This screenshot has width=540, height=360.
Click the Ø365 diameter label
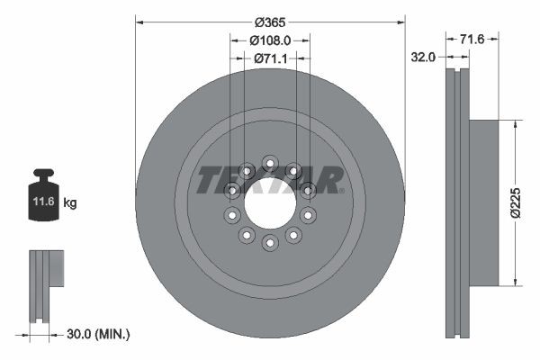pos(270,22)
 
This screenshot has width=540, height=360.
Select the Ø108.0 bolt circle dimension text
pos(270,40)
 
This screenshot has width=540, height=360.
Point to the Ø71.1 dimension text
pos(270,58)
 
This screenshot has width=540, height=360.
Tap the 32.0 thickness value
pos(423,57)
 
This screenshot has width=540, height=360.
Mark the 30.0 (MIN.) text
pos(99,334)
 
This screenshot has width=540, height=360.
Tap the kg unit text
pos(70,203)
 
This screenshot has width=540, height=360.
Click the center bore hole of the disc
pos(270,202)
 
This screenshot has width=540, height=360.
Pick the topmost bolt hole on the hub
pos(270,162)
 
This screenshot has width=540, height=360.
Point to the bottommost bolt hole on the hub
pos(270,243)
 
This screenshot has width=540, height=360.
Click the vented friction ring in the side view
pos(458,202)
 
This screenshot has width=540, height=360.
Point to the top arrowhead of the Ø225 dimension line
pos(514,122)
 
